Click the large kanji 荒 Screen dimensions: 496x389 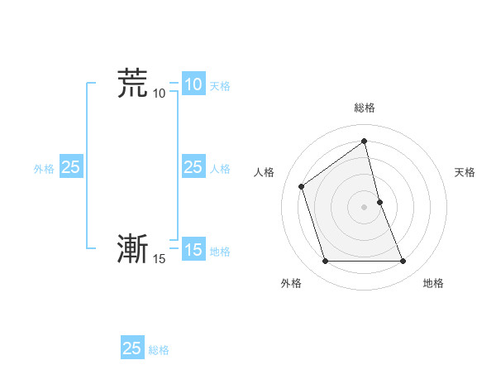tap(132, 83)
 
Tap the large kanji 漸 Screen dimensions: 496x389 tap(132, 248)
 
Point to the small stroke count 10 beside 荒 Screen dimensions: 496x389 tap(159, 94)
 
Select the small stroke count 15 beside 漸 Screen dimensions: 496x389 tap(159, 259)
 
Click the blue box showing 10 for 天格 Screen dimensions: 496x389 tap(193, 84)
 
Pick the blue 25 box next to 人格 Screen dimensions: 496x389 tap(193, 167)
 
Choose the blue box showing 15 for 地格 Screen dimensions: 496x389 tap(193, 250)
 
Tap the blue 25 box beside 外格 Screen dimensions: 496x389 tap(70, 167)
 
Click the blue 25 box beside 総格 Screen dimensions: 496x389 tap(132, 348)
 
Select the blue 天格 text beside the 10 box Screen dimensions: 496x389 tap(220, 86)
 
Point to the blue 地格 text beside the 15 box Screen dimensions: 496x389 tap(220, 252)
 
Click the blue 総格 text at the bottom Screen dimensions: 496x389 tap(159, 350)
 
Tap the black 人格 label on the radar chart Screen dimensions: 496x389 tap(265, 172)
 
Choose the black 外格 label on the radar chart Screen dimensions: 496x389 tap(291, 284)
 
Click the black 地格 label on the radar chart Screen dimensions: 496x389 tap(433, 284)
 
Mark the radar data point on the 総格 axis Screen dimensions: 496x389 tap(364, 140)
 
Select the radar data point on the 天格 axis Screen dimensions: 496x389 tap(379, 201)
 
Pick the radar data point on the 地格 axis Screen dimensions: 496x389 tap(403, 262)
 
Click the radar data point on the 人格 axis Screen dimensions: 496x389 tap(301, 186)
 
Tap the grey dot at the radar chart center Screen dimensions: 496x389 tap(364, 206)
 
